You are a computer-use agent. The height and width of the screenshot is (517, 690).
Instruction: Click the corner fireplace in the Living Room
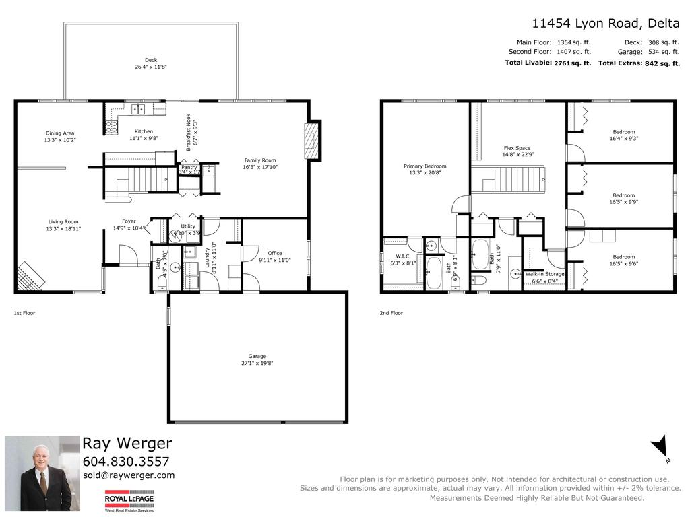point(31,274)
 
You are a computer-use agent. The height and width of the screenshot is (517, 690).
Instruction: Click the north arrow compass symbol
point(661,446)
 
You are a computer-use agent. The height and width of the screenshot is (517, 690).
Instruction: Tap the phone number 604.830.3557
point(125,462)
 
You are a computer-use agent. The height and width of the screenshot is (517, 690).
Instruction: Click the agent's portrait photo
point(38,473)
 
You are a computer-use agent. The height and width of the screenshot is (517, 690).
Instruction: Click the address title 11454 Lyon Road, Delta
point(605,23)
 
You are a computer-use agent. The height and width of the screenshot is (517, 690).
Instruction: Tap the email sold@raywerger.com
point(128,475)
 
